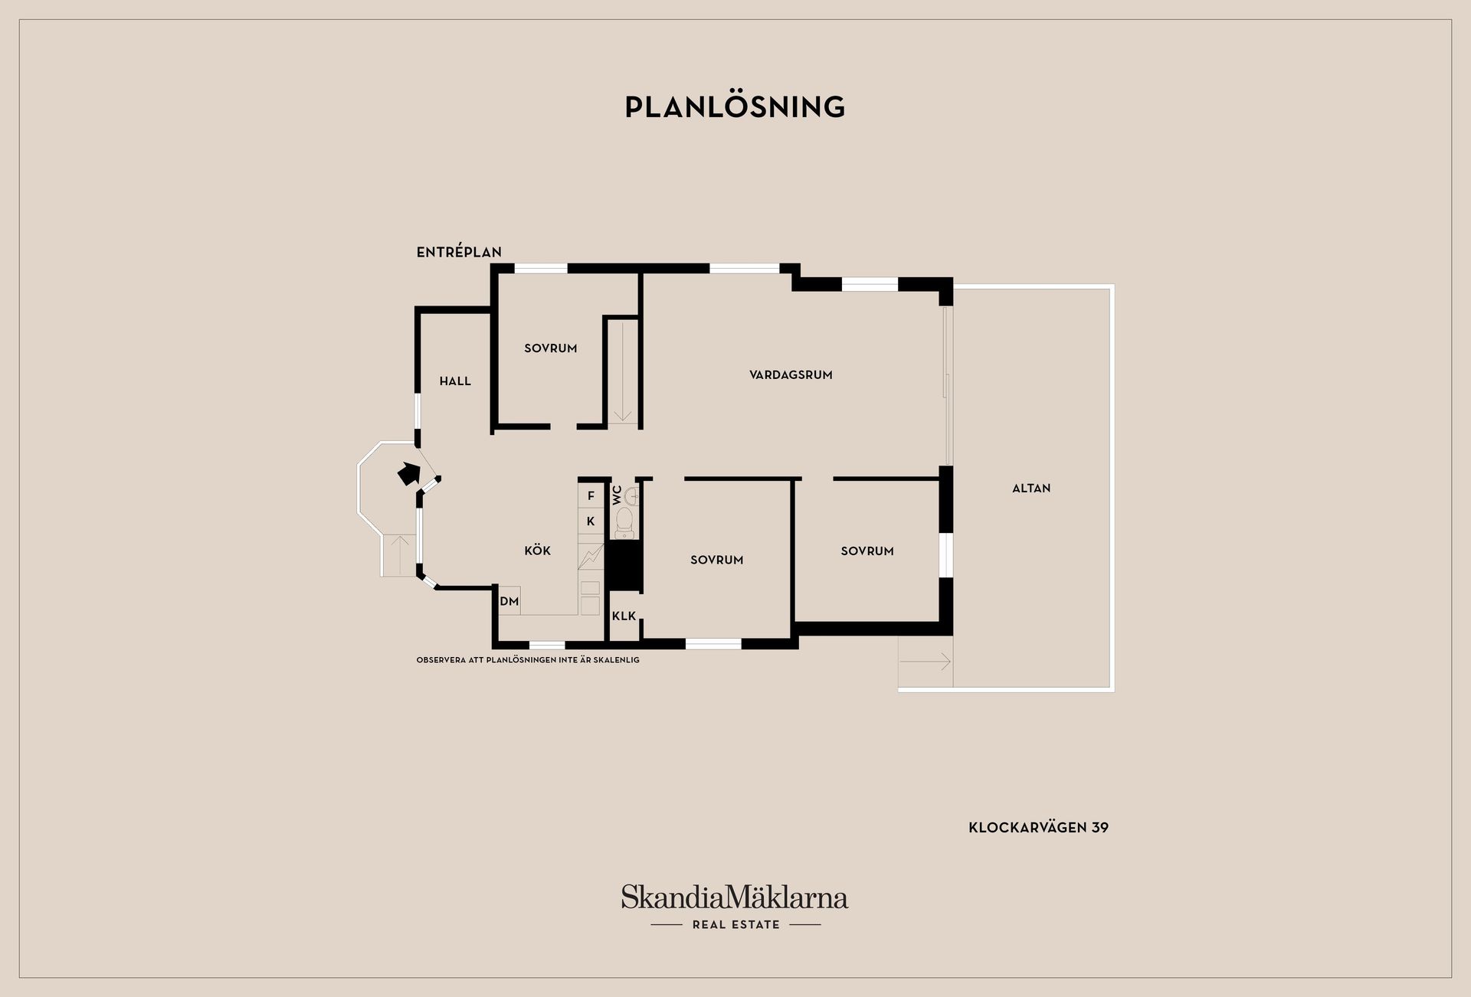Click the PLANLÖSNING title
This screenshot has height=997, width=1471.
tap(735, 107)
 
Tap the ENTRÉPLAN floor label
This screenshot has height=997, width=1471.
tap(459, 252)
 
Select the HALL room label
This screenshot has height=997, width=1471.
tap(455, 381)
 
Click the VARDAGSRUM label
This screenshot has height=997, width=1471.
tap(791, 375)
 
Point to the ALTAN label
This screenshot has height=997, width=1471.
tap(1031, 489)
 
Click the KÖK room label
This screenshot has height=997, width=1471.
tap(537, 551)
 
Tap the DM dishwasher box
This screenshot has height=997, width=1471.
tap(509, 602)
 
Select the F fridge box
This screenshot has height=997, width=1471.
tap(591, 496)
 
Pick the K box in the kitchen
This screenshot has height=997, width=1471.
tap(591, 521)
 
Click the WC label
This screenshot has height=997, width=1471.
tap(618, 495)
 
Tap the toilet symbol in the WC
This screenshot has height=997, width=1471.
tap(625, 521)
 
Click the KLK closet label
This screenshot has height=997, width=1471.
tap(624, 616)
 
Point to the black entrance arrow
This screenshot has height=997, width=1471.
tap(408, 474)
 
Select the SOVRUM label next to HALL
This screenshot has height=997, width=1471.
tap(550, 348)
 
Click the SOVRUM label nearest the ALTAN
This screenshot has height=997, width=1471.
tap(867, 551)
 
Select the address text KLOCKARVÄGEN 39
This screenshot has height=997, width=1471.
tap(1038, 828)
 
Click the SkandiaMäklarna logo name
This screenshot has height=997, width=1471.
tap(735, 897)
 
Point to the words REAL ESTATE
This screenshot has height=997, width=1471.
tap(735, 925)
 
